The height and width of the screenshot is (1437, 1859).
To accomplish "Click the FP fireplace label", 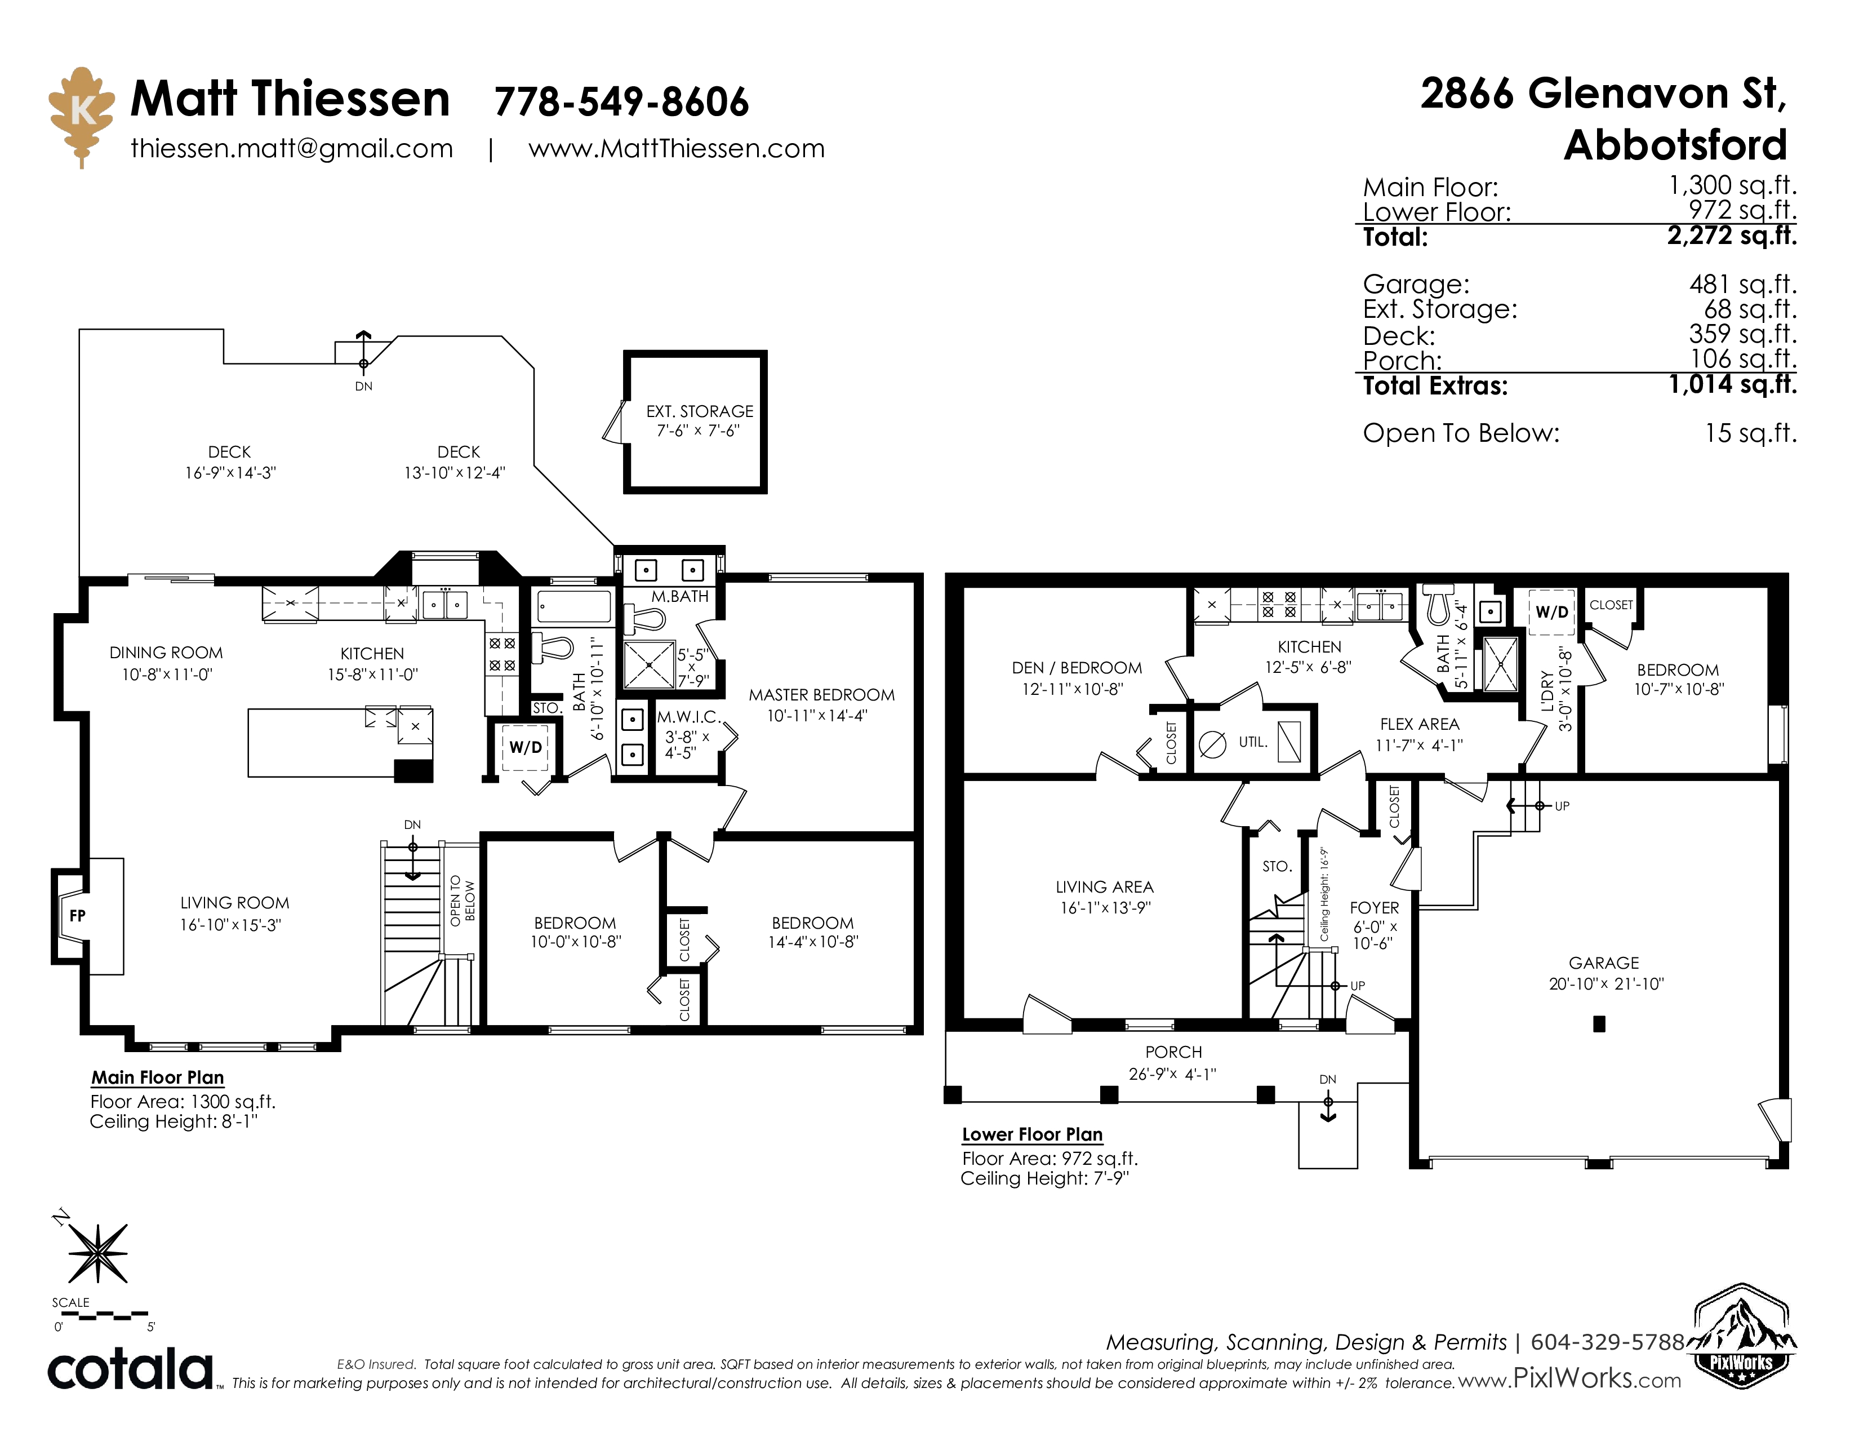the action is pos(78,916).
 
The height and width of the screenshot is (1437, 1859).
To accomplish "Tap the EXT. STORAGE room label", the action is pos(699,411).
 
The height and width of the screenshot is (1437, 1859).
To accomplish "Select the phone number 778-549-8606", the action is pos(621,102).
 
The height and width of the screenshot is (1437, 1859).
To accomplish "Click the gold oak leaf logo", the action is pos(82,116).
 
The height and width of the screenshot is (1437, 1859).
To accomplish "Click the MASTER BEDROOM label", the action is pos(821,695).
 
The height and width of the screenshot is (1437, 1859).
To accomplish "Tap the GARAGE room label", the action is pos(1604,963).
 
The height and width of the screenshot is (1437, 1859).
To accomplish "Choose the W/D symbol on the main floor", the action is pos(525,747).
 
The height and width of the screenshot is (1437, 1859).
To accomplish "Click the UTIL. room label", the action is pos(1253,742).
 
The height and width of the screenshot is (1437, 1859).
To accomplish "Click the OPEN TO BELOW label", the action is pos(462,901).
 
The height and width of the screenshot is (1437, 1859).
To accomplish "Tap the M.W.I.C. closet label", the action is pos(688,717).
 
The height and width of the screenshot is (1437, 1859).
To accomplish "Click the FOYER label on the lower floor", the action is pos(1374,907).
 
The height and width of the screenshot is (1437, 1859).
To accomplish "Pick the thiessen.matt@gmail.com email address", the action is pos(291,149).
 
